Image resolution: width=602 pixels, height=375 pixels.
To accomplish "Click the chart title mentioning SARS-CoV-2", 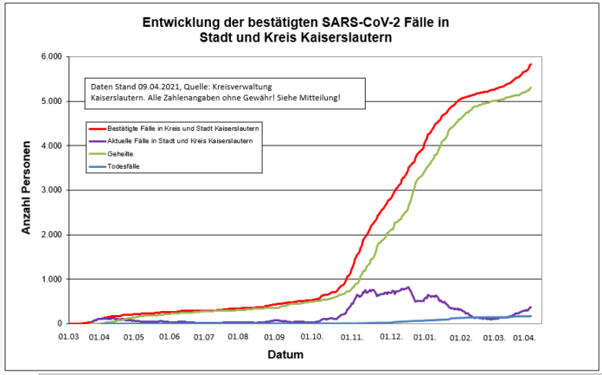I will (300, 29).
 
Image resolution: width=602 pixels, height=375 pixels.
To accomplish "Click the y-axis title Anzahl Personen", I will (28, 190).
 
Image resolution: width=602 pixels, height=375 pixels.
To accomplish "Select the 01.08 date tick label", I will (239, 336).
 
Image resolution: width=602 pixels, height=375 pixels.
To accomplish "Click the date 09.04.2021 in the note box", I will (151, 87).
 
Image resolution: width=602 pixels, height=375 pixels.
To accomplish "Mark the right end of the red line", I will (530, 64).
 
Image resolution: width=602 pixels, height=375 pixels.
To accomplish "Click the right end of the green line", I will (530, 87).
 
